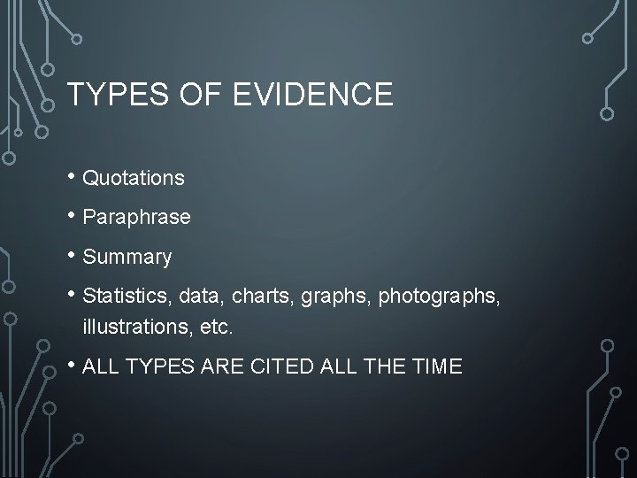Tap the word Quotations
(134, 178)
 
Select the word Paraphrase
(136, 218)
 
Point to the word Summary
(127, 258)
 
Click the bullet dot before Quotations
(72, 176)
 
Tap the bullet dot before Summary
(72, 256)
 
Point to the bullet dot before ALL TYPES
(72, 365)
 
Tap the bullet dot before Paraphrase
(72, 216)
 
